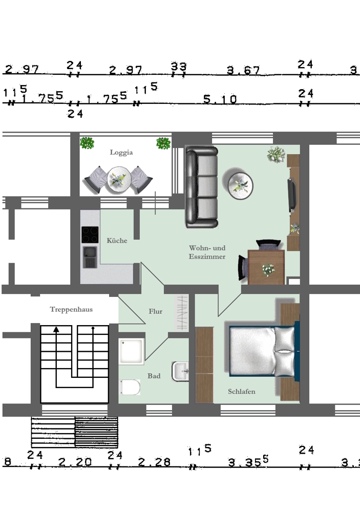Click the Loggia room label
point(121,153)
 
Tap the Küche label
point(117,241)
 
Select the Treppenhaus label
point(71,310)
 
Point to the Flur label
point(156,311)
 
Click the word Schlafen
point(241,392)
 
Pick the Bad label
point(154,376)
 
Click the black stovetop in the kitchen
point(90,235)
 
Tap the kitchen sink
point(90,257)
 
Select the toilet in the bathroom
point(130,387)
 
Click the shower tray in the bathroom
point(132,351)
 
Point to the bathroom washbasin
point(180,371)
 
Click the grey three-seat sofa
point(202,187)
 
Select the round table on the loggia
point(119,179)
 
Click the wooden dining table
point(266,267)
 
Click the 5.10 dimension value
point(220,99)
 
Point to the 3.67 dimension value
point(243,70)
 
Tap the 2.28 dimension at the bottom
point(154,462)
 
